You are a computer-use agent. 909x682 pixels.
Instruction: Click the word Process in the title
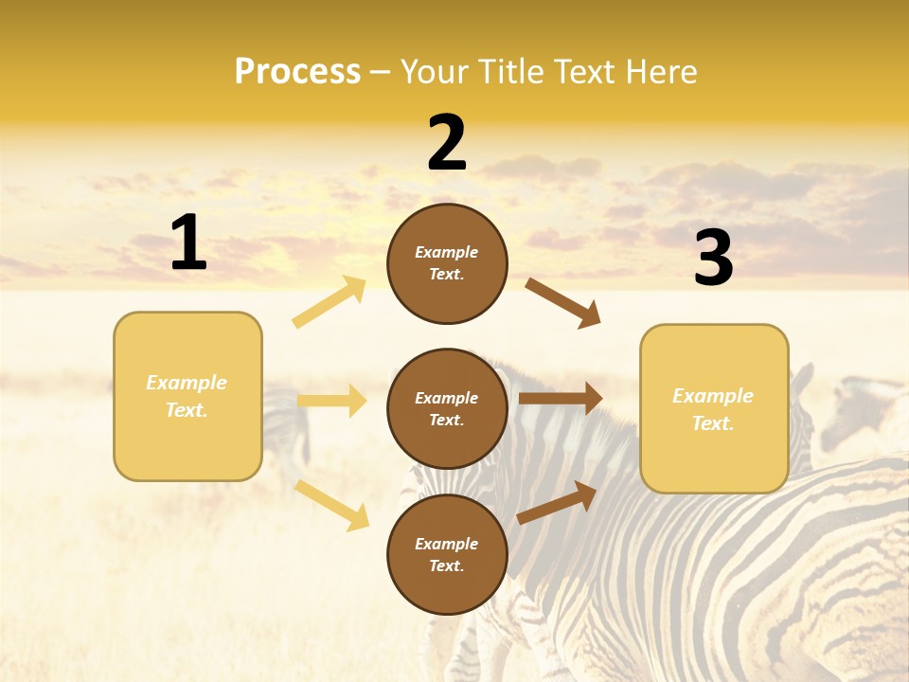coord(297,71)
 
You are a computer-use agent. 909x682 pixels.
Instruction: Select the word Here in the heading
coord(657,71)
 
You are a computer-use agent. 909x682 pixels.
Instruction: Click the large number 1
coord(188,243)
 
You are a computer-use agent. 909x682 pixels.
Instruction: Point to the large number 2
coord(447,143)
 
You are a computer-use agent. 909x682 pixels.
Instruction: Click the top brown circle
coord(447,263)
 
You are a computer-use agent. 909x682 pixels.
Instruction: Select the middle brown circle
coord(447,409)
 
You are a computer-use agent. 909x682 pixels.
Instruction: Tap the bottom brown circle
coord(447,555)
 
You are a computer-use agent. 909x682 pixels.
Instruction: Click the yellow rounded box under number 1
coord(187,396)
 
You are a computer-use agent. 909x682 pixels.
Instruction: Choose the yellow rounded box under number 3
coord(714,409)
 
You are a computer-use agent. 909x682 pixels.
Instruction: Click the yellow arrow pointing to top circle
coord(330,302)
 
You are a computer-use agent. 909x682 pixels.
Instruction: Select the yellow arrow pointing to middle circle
coord(331,401)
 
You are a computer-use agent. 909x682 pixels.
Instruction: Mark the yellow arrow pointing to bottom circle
coord(332,505)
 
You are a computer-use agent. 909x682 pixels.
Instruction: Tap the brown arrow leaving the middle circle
coord(561,398)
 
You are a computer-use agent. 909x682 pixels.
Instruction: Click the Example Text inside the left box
coord(187,396)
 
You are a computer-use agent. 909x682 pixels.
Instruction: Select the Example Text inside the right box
coord(713,409)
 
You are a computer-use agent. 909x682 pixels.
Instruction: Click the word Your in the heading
coord(437,71)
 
